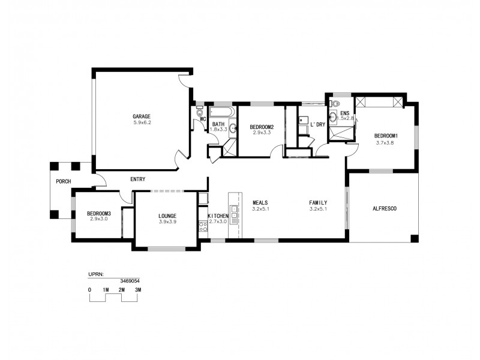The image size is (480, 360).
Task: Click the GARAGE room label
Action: pos(142,116)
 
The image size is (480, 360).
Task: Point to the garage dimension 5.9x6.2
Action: pos(142,122)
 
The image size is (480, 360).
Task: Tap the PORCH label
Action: pos(63,181)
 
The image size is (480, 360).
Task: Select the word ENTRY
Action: pos(137,179)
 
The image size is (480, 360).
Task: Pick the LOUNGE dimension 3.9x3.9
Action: pos(167,222)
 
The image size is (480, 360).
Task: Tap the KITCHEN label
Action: pos(218,216)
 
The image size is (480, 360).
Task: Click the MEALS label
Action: pos(260,203)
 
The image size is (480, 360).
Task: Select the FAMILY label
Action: pos(318,203)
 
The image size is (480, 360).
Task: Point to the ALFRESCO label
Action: pos(385,208)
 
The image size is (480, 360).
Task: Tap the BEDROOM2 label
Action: pos(262,127)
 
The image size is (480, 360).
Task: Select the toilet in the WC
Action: pos(200,112)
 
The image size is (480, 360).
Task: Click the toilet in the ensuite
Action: pos(333,118)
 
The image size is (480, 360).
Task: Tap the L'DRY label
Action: pos(317,124)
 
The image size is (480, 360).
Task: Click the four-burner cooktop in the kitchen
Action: pos(203,227)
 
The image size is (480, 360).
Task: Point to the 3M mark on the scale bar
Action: pos(137,290)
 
